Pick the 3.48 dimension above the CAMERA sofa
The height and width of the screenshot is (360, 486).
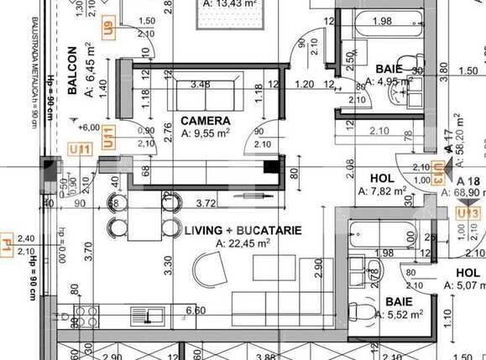click(200, 84)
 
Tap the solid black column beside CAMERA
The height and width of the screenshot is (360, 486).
click(270, 166)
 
